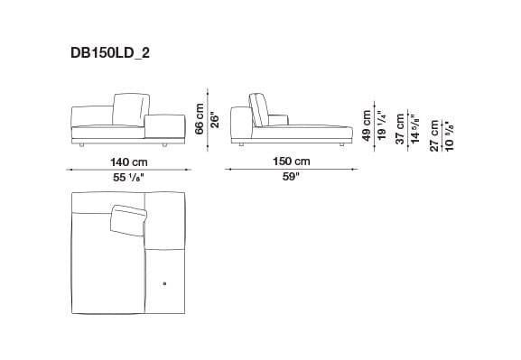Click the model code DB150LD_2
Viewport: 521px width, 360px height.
(x=111, y=53)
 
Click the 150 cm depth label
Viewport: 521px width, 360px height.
(x=292, y=162)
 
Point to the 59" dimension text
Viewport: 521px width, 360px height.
(x=292, y=179)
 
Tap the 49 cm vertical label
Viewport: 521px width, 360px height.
(x=367, y=125)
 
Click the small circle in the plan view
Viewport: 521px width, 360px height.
(x=164, y=285)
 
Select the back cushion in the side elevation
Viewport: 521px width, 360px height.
(x=258, y=111)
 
